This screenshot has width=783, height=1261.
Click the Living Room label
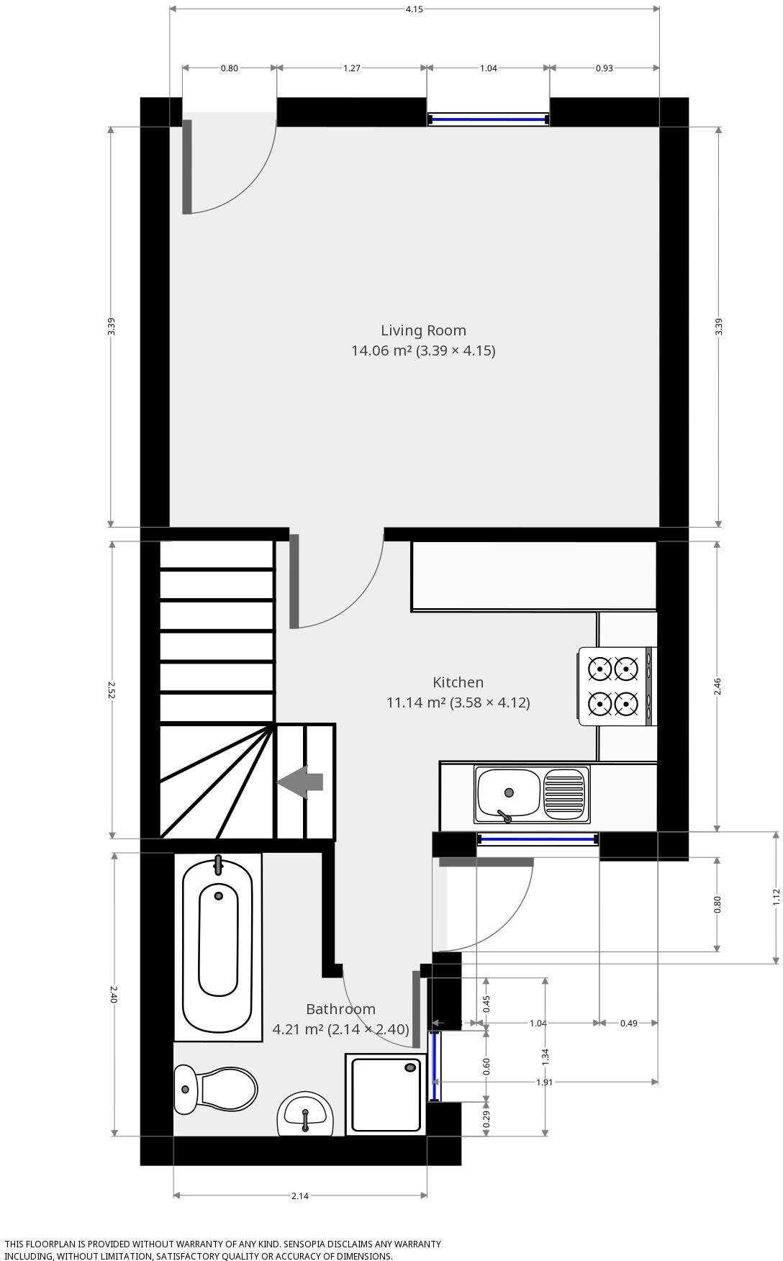click(x=423, y=330)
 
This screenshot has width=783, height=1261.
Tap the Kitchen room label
click(x=458, y=682)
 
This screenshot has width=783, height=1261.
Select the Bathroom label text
click(x=340, y=1009)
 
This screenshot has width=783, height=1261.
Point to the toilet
click(x=216, y=1089)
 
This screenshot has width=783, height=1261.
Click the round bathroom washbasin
click(x=306, y=1114)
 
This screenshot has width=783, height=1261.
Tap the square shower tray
click(x=386, y=1095)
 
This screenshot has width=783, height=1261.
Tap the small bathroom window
click(x=435, y=1067)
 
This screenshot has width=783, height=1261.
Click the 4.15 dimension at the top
click(x=414, y=9)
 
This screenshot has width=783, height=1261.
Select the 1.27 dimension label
click(x=351, y=68)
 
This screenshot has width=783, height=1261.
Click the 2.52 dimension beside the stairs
click(x=112, y=690)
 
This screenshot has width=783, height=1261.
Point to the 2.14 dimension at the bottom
click(x=300, y=1196)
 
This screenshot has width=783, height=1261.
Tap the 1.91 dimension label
click(x=544, y=1082)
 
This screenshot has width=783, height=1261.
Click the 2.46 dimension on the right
click(x=717, y=686)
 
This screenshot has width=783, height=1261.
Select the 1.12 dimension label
click(x=776, y=896)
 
